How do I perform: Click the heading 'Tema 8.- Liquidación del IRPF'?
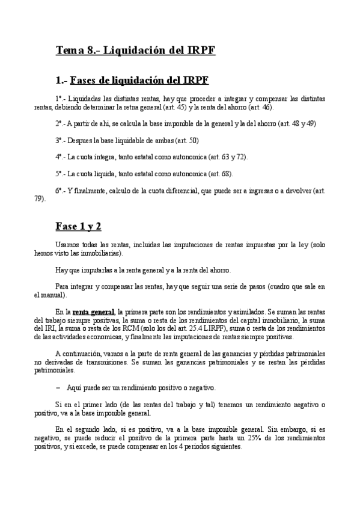[x=135, y=51]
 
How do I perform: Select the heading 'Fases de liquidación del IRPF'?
[x=139, y=80]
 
